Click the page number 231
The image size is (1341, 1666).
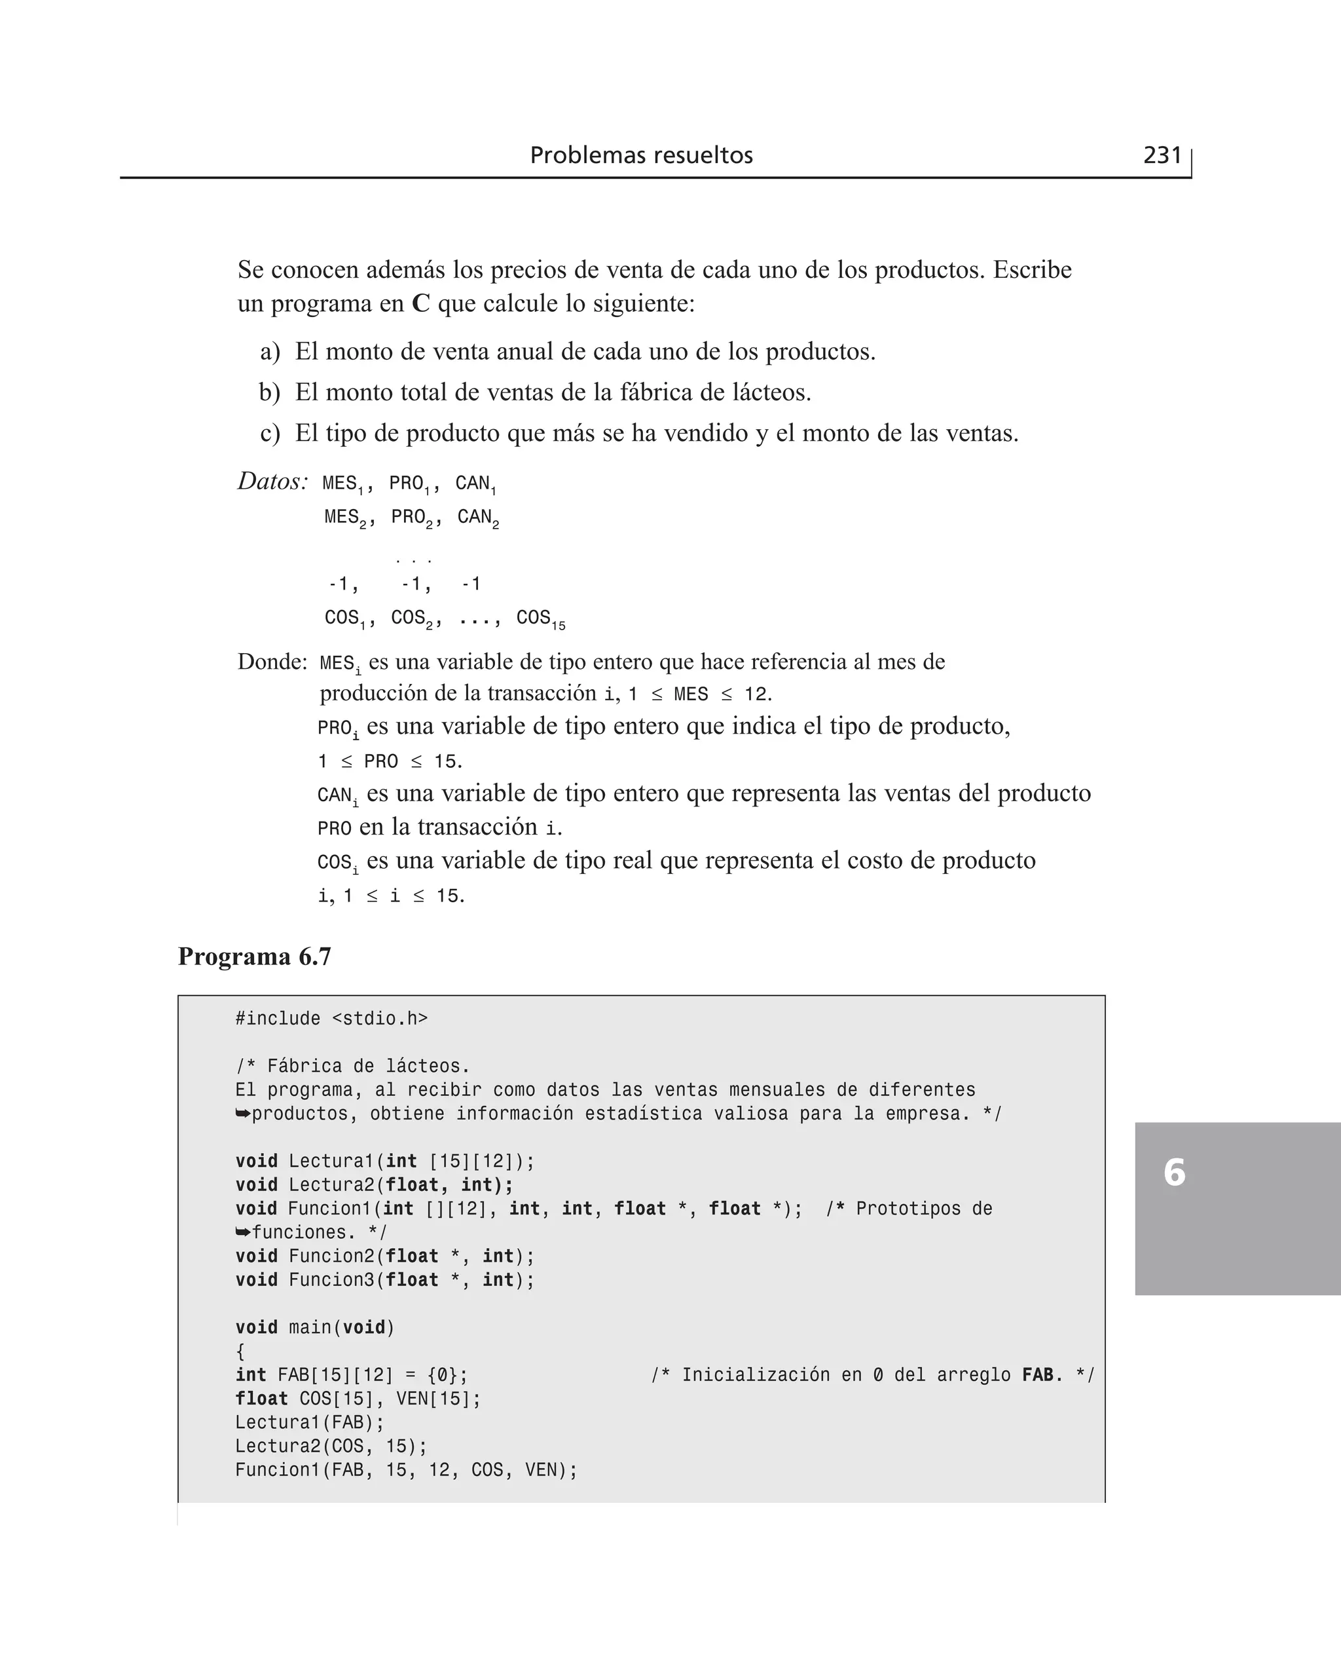(x=1162, y=155)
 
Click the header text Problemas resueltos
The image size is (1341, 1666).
(x=641, y=155)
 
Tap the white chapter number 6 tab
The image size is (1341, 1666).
(x=1174, y=1172)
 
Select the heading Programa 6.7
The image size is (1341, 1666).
(x=254, y=956)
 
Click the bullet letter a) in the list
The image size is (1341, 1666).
(x=270, y=352)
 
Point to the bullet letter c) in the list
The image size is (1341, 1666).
(x=270, y=433)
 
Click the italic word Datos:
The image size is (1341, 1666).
(x=272, y=482)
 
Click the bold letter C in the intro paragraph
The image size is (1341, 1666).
(x=420, y=303)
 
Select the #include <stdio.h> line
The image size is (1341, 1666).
(x=331, y=1019)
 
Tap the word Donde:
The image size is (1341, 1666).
(x=272, y=662)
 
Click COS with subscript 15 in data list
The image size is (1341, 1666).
(x=540, y=618)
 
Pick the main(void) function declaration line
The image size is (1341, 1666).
(x=315, y=1327)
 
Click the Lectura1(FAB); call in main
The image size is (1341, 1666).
(x=309, y=1422)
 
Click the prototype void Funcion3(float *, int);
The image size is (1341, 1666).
(x=385, y=1279)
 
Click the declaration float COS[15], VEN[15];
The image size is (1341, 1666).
(x=358, y=1399)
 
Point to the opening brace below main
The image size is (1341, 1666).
(x=240, y=1352)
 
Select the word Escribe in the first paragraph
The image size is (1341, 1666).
(x=1032, y=270)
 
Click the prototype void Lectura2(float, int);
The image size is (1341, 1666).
(x=374, y=1184)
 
